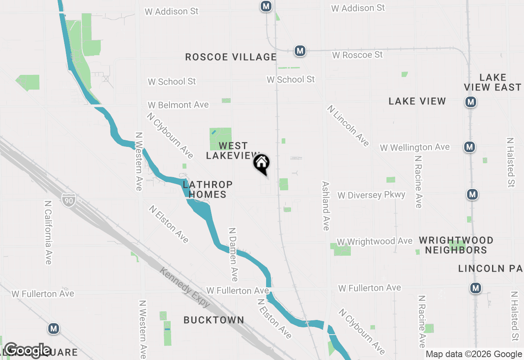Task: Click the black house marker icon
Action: pyautogui.click(x=262, y=164)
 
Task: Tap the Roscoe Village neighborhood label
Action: pyautogui.click(x=231, y=57)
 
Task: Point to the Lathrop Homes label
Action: pyautogui.click(x=208, y=189)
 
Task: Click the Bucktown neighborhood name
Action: pyautogui.click(x=214, y=320)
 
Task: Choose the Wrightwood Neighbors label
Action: pyautogui.click(x=456, y=245)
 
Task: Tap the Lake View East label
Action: pyautogui.click(x=492, y=82)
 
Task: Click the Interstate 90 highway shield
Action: pyautogui.click(x=69, y=200)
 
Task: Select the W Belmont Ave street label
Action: pyautogui.click(x=178, y=105)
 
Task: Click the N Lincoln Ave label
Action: pyautogui.click(x=348, y=126)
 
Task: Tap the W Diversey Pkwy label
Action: pyautogui.click(x=371, y=195)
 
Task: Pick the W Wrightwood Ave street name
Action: pyautogui.click(x=374, y=241)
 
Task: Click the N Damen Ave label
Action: pyautogui.click(x=233, y=254)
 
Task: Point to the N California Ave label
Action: pyautogui.click(x=48, y=232)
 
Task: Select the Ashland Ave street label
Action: pyautogui.click(x=326, y=206)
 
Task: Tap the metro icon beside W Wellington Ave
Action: pyautogui.click(x=470, y=146)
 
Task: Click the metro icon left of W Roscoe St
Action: pyautogui.click(x=300, y=51)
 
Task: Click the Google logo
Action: pyautogui.click(x=27, y=350)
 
